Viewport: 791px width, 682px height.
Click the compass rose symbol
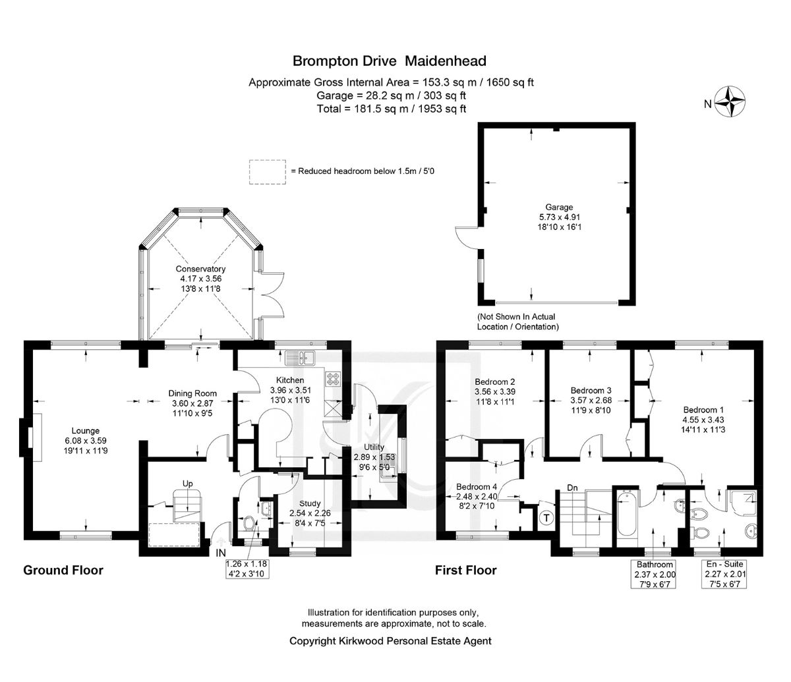[x=730, y=101]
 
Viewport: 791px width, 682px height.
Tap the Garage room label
[x=559, y=208]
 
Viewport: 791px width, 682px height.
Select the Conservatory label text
[x=200, y=269]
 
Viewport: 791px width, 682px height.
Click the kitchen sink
[x=299, y=358]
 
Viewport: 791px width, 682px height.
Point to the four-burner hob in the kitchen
[x=331, y=379]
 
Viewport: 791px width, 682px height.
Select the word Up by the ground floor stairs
[x=187, y=484]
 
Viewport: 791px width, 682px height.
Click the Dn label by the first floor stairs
[x=572, y=488]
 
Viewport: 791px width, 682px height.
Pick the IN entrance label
[x=221, y=553]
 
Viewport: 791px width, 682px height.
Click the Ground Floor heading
[x=63, y=570]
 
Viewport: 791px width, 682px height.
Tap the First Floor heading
[x=466, y=570]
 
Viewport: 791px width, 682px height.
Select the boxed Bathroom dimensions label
[x=655, y=574]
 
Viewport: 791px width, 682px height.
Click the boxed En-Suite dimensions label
[x=724, y=574]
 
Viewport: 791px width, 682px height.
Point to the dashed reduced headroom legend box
[x=268, y=172]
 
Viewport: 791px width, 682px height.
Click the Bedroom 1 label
[x=703, y=410]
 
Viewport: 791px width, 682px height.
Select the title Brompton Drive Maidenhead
[x=390, y=61]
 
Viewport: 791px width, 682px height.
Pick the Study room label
[x=310, y=503]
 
